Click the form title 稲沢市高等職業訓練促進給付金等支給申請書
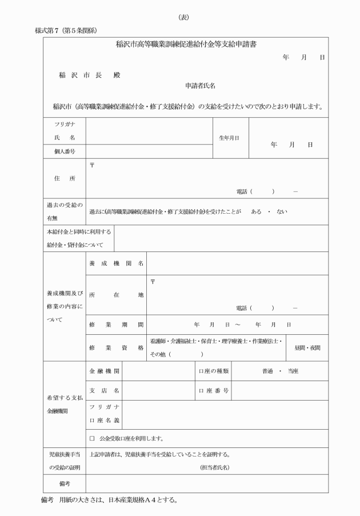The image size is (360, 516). tap(185, 44)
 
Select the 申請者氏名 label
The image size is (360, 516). tap(200, 86)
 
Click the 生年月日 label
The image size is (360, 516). tap(229, 138)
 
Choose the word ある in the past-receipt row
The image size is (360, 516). tap(256, 211)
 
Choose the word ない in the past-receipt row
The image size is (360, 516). tap(281, 211)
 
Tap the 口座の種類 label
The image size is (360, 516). tap(214, 371)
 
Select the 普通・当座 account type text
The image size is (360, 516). tap(280, 371)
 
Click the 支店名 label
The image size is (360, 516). tap(103, 391)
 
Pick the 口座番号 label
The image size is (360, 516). tap(214, 391)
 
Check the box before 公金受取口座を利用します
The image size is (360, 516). tap(92, 439)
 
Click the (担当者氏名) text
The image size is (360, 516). tap(214, 467)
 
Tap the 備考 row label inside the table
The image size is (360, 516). tap(64, 483)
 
